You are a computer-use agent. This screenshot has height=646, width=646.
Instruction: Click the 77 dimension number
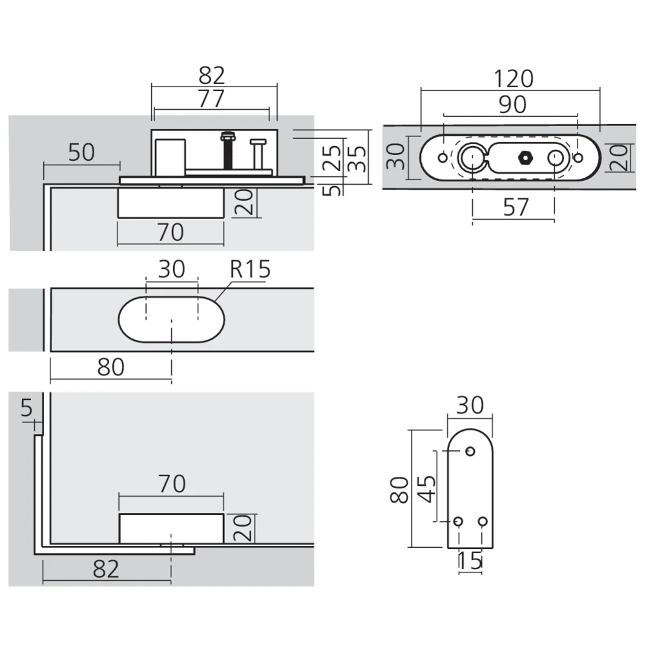211,99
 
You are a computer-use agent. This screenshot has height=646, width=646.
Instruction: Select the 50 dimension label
81,153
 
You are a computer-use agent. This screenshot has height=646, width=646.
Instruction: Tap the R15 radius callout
250,269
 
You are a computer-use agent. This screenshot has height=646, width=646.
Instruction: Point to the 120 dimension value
514,79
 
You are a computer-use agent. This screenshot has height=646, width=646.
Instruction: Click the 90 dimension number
512,105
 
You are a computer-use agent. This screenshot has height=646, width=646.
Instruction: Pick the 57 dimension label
515,207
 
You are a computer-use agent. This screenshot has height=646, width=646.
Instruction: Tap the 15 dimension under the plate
470,561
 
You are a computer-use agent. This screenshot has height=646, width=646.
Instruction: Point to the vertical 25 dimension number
332,157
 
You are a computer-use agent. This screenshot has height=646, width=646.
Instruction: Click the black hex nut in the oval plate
525,157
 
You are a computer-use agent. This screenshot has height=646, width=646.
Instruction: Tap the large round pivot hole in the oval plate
472,157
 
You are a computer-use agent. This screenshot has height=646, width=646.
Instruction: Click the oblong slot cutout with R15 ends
171,320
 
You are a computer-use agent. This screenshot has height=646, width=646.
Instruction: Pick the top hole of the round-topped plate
470,452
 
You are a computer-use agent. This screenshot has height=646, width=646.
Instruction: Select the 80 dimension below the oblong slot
110,367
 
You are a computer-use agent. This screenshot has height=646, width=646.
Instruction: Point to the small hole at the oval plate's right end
578,157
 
